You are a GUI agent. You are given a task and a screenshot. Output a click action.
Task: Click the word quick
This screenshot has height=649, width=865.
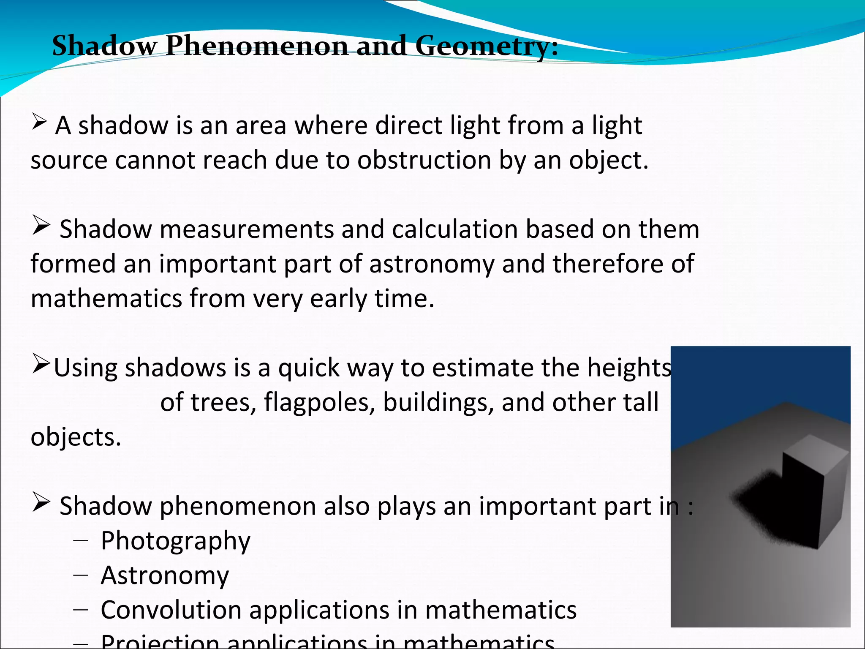click(x=308, y=368)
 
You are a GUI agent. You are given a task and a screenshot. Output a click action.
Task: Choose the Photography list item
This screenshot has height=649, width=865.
click(x=175, y=541)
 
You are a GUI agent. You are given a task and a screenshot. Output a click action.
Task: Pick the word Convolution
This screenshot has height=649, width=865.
click(x=171, y=610)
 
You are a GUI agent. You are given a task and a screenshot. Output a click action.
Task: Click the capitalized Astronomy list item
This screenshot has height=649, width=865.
click(x=165, y=575)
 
